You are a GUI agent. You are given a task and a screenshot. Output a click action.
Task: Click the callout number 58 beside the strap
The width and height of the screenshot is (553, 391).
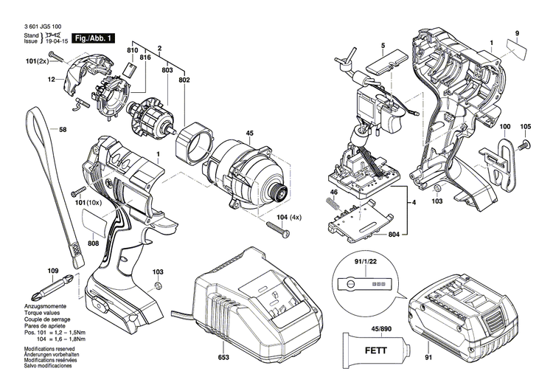63,131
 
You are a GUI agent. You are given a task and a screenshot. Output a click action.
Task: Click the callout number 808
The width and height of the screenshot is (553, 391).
93,243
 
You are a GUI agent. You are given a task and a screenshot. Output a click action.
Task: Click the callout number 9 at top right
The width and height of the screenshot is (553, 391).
517,33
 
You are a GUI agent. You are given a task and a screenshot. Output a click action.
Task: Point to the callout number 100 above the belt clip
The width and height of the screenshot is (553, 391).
505,126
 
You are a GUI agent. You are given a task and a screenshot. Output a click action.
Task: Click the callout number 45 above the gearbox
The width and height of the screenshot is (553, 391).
249,134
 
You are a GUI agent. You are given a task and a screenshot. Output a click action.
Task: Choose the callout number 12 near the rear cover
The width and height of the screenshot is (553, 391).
52,79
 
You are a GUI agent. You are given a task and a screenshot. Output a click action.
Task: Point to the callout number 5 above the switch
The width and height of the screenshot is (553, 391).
383,46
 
